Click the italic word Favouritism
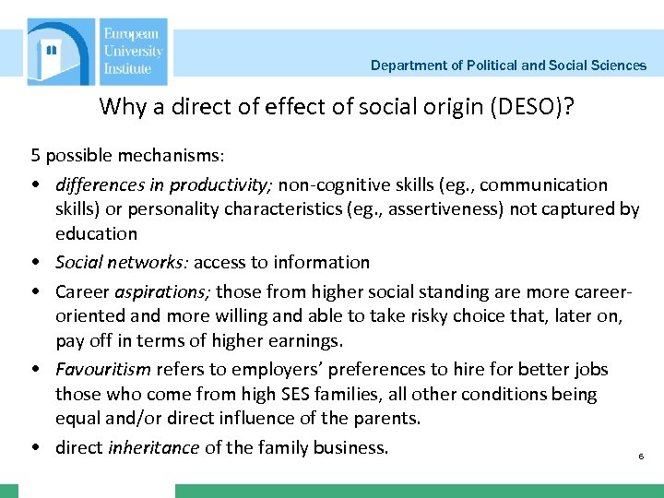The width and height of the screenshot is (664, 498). [103, 370]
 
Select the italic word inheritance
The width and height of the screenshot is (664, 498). [153, 448]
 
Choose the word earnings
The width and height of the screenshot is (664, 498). [304, 341]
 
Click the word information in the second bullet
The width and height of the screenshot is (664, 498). [325, 263]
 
